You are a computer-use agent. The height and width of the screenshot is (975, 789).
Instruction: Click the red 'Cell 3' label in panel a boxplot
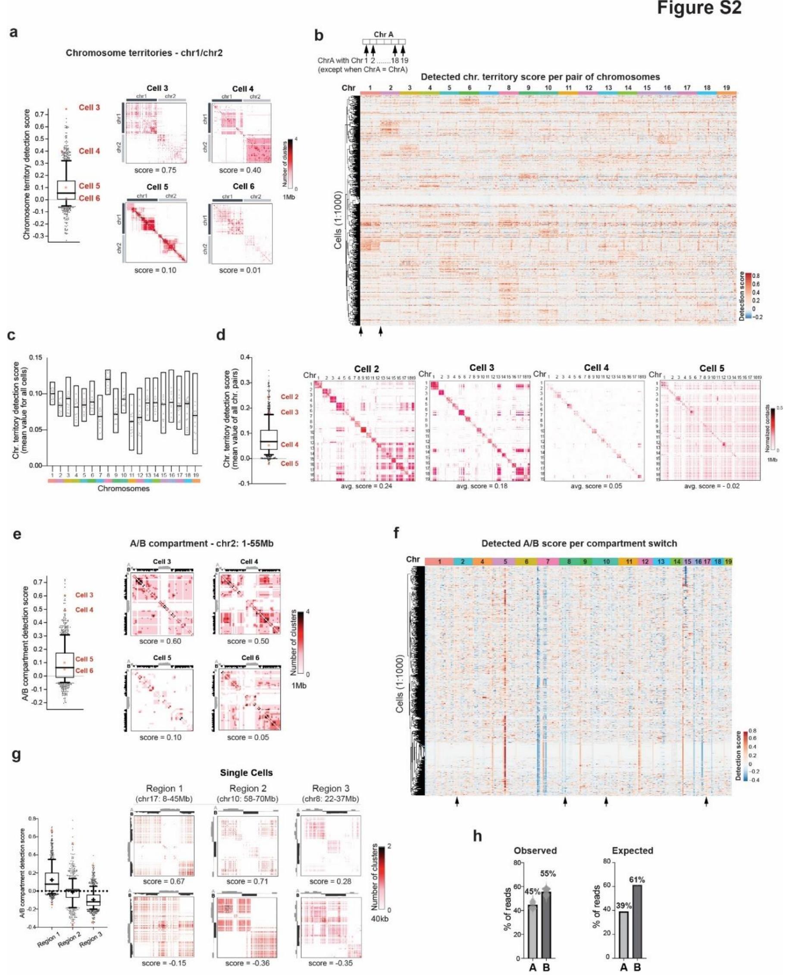(89, 108)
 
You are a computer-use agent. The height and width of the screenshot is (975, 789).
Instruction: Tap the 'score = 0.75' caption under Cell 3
(156, 170)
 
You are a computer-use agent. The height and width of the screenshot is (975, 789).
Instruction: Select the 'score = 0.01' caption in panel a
(240, 270)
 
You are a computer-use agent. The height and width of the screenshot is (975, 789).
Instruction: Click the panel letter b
(319, 35)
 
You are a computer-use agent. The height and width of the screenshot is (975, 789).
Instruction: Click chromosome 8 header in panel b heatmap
(509, 88)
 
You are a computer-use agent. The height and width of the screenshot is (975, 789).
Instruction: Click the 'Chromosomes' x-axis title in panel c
(123, 489)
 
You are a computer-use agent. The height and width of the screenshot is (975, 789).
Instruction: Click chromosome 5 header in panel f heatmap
(505, 562)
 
